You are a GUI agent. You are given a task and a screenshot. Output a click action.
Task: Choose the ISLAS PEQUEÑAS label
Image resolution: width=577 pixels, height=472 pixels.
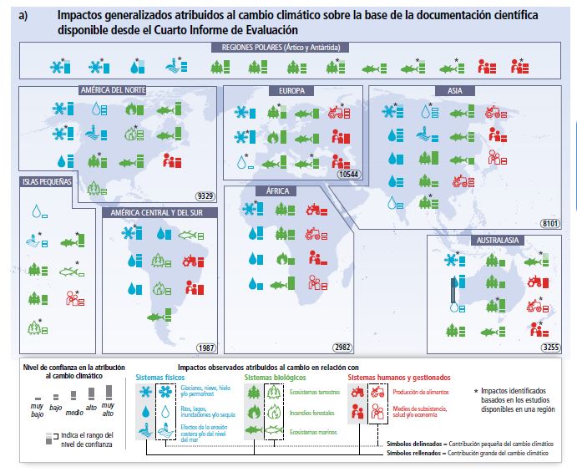(x=48, y=180)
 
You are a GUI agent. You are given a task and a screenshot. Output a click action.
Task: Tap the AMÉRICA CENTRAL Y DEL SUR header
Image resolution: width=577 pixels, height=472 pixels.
(x=160, y=212)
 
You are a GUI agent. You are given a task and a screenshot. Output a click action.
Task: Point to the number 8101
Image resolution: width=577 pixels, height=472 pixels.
(x=549, y=223)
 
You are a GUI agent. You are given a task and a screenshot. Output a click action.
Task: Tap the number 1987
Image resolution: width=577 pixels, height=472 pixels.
(x=205, y=348)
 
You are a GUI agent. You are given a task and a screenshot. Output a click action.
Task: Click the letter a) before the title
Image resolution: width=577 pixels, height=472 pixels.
(x=23, y=15)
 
